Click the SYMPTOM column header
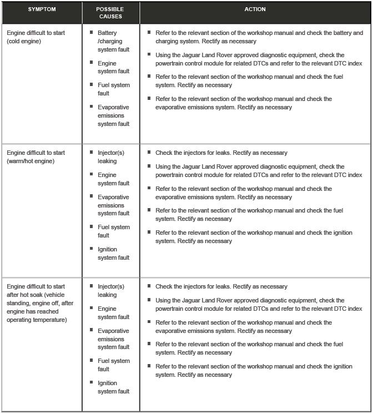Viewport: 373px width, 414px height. coord(42,9)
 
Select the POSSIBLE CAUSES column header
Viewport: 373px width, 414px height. coord(110,13)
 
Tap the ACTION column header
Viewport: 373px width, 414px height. coord(255,9)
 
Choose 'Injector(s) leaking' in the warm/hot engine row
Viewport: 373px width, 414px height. coord(110,157)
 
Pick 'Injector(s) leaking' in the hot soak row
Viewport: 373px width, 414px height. coord(110,291)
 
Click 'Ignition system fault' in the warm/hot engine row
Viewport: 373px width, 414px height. coord(113,254)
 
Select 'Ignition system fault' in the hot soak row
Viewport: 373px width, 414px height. coord(113,387)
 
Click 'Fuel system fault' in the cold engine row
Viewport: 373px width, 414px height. coord(113,89)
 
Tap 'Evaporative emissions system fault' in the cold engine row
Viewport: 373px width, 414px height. coord(113,115)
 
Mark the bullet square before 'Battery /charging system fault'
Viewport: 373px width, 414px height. coord(92,33)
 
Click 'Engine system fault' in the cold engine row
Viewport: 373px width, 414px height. coord(113,67)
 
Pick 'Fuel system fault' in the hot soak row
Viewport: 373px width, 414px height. coord(113,365)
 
